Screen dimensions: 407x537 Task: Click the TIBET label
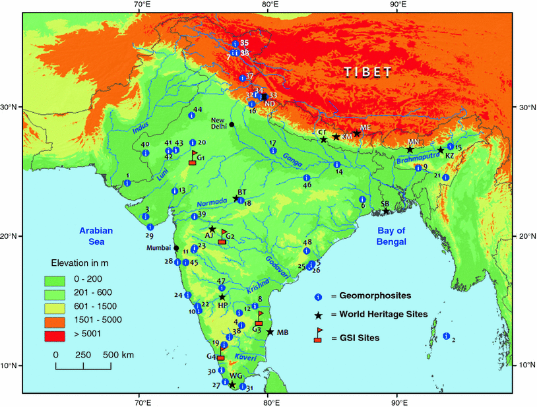point(367,71)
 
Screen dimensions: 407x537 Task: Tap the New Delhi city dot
point(232,125)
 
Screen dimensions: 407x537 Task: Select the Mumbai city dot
point(176,248)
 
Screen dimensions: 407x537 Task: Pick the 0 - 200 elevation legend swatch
point(55,279)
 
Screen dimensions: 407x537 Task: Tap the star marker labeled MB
point(270,331)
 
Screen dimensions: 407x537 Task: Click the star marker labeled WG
point(232,385)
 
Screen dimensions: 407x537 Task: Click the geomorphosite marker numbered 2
point(447,336)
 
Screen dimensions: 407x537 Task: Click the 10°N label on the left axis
point(11,365)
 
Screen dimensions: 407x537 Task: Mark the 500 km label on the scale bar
point(119,355)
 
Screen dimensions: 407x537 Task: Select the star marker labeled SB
point(386,211)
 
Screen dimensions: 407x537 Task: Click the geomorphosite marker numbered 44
point(191,115)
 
